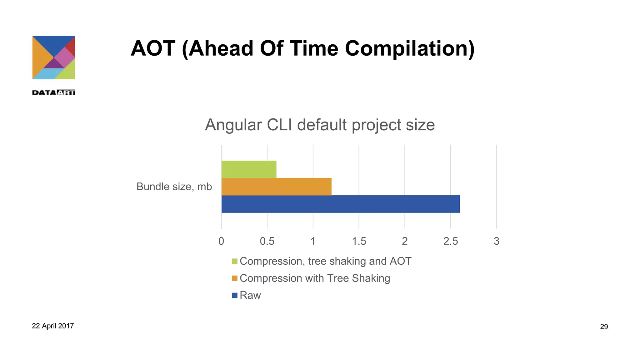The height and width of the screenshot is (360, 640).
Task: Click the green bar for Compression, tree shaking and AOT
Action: (x=249, y=169)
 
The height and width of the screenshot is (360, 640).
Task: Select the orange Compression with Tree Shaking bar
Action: (x=276, y=187)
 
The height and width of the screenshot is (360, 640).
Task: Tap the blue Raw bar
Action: (x=340, y=204)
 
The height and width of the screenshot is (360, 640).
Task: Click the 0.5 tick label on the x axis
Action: (x=267, y=241)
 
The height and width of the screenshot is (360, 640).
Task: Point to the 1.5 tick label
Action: (x=359, y=241)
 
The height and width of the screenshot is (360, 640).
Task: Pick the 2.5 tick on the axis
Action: (x=450, y=241)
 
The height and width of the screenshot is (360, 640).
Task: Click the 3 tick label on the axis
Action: (x=496, y=241)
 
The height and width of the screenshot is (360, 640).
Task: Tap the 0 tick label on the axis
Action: (x=221, y=241)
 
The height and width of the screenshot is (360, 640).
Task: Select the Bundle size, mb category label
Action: (x=174, y=187)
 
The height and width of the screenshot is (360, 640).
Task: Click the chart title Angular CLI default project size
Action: (x=320, y=125)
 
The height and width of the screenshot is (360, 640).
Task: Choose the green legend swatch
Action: (x=235, y=261)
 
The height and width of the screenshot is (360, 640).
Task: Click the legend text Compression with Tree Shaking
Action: (x=315, y=278)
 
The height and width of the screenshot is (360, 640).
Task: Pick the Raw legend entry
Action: (x=250, y=295)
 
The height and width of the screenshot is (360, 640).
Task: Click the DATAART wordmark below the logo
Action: (x=53, y=92)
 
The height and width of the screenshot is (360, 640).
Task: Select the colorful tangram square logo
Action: (x=53, y=57)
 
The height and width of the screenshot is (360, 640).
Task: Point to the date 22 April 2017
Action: (x=53, y=326)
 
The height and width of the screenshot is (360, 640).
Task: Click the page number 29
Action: (x=604, y=327)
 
